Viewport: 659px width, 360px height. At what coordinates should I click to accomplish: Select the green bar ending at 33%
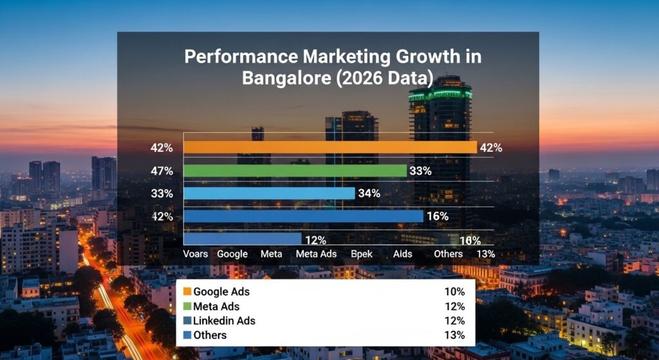coord(295,171)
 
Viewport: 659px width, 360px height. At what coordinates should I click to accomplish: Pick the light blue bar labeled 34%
coord(269,193)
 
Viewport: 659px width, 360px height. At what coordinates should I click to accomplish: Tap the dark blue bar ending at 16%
coord(303,216)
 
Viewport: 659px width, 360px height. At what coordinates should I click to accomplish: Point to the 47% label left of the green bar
coord(162,171)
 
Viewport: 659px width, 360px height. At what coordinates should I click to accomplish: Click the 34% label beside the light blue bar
coord(370,193)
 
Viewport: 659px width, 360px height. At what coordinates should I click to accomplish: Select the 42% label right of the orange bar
coord(490,147)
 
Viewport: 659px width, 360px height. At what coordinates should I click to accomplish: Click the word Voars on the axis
coord(196,254)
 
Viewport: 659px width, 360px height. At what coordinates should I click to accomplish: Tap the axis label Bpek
coord(362,254)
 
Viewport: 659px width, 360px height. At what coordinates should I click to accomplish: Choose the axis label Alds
coord(403,254)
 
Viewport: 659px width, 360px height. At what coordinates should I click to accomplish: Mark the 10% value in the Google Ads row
coord(454,292)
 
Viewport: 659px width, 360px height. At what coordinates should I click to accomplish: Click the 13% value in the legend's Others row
coord(454,335)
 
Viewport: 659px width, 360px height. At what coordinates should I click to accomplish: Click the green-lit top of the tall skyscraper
coord(440,94)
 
